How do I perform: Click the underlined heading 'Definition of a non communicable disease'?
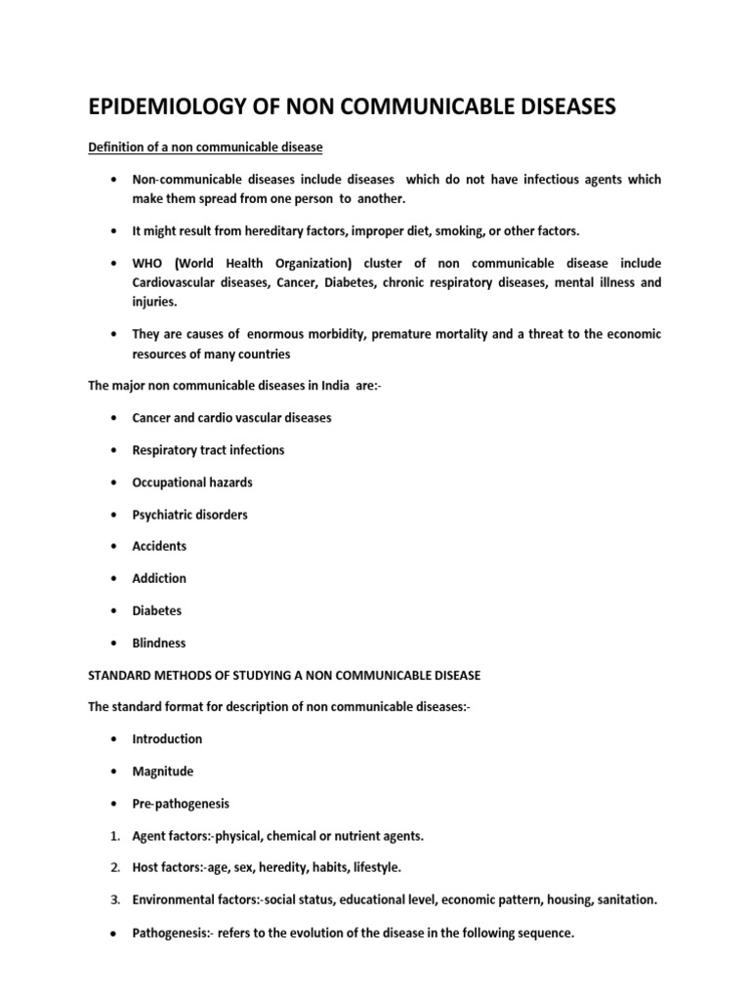tap(206, 146)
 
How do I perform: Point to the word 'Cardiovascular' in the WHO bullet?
tap(176, 282)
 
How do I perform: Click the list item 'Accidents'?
tap(159, 546)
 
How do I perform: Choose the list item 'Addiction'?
tap(159, 578)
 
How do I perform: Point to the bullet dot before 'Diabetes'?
tap(116, 611)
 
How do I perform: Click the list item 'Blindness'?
tap(159, 643)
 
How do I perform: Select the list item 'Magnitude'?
tap(163, 771)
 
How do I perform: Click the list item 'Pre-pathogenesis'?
tap(182, 804)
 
